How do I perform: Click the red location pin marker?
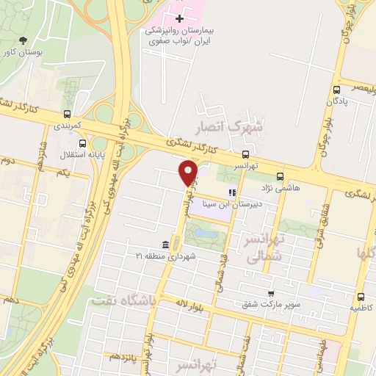click(x=189, y=173)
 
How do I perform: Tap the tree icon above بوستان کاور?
click(x=24, y=41)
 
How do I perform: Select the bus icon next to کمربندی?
click(x=68, y=114)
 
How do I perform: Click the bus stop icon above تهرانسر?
click(x=245, y=155)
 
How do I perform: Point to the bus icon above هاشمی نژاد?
click(x=280, y=176)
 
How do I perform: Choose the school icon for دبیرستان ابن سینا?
click(x=232, y=193)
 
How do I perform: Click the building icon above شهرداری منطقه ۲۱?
click(x=165, y=244)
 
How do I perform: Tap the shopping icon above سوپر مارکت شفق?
click(x=270, y=293)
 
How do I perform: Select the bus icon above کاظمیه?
click(x=360, y=297)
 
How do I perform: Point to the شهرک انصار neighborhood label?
click(x=235, y=127)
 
